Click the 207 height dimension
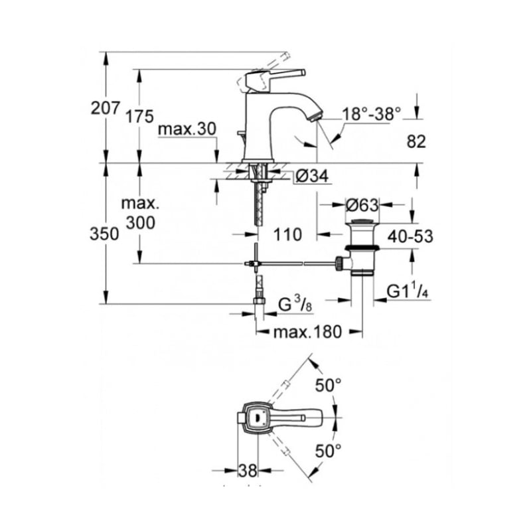pos(106,108)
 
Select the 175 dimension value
pos(139,117)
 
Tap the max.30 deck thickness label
pos(187,129)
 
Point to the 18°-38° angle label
pos(372,114)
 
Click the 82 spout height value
pos(416,141)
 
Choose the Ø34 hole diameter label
pos(312,176)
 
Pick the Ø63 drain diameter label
pos(362,205)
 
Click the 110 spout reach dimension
pos(287,234)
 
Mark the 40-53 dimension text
pos(410,236)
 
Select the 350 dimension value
pos(104,234)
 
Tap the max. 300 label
pos(140,213)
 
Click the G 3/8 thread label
pos(295,303)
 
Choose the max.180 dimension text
pos(307,332)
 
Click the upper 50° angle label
pos(328,385)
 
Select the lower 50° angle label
pos(328,451)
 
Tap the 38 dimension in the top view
pos(248,471)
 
